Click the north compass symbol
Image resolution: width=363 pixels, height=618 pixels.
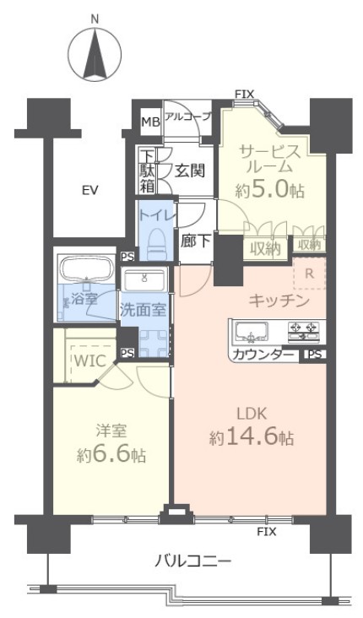94,51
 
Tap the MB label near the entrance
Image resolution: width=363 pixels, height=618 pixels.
149,122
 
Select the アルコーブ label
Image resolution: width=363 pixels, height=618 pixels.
187,117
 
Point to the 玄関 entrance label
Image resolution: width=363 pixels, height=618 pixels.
190,170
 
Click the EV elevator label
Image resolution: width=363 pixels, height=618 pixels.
90,190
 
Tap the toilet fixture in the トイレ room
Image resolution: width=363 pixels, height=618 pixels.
156,245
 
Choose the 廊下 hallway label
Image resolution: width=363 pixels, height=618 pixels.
194,239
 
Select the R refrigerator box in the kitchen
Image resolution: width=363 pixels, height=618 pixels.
309,274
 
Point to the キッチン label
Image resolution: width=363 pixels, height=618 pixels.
278,301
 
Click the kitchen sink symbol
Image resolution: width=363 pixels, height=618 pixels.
250,329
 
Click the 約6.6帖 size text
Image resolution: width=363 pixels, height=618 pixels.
110,454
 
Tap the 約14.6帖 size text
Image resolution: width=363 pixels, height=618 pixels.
253,438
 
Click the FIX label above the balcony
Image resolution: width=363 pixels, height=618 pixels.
267,532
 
